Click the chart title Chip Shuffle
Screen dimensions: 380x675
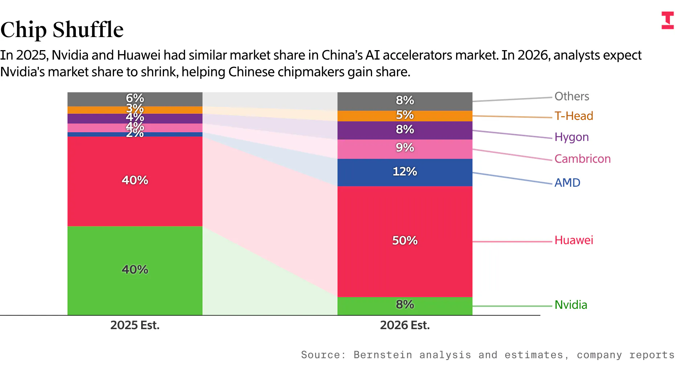[x=62, y=30]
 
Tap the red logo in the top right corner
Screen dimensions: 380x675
[x=667, y=20]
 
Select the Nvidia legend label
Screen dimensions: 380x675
[x=570, y=305]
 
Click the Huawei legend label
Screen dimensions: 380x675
[x=573, y=240]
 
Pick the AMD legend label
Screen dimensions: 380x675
[x=567, y=183]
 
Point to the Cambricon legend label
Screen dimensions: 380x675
[x=582, y=159]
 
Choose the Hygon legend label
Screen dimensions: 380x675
[x=571, y=137]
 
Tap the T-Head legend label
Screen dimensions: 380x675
[x=573, y=116]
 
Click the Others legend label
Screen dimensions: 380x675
[x=572, y=96]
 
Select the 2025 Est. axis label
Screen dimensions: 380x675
[x=135, y=325]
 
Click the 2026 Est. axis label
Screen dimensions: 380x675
[x=405, y=325]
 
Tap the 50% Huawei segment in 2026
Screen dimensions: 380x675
[x=405, y=254]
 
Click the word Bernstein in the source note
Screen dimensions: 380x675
[x=382, y=355]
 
